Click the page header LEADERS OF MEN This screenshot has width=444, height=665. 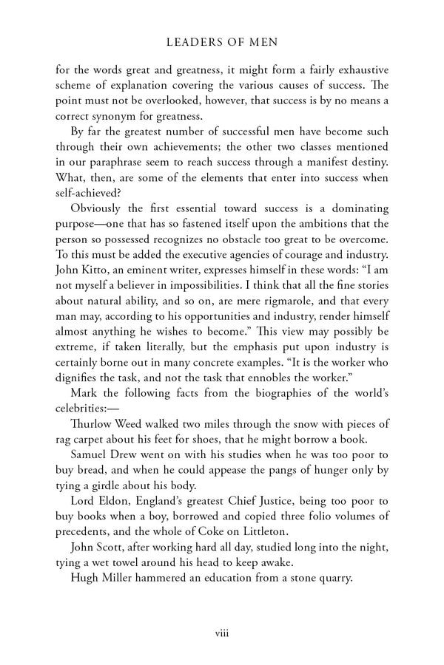(x=222, y=43)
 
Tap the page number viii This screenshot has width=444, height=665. (x=222, y=632)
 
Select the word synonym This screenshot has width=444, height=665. (x=131, y=116)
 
